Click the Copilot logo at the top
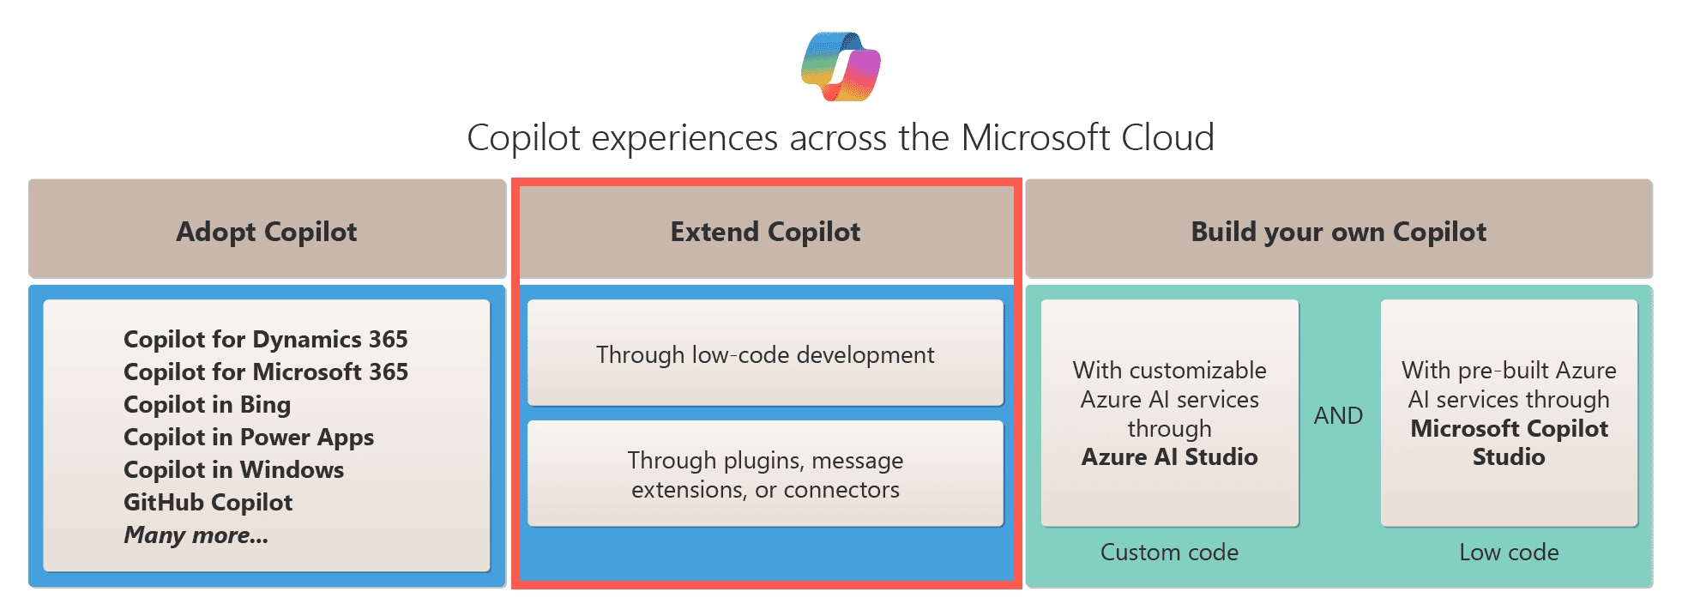tap(841, 67)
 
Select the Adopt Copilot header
tap(267, 232)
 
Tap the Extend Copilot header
tap(765, 232)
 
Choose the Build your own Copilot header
tap(1338, 232)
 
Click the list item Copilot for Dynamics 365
tap(266, 339)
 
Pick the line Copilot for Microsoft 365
tap(266, 371)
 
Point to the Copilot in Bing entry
tap(208, 404)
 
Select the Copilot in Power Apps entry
tap(249, 437)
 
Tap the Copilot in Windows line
tap(233, 469)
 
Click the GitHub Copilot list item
tap(208, 502)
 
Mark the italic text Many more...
tap(196, 535)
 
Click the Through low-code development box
tap(765, 354)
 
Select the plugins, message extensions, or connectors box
tap(765, 474)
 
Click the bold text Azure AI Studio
tap(1169, 456)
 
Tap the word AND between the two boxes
tap(1338, 415)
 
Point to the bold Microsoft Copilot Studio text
tap(1509, 442)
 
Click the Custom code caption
tap(1169, 552)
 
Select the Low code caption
tap(1509, 552)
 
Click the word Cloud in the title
tap(1167, 137)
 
